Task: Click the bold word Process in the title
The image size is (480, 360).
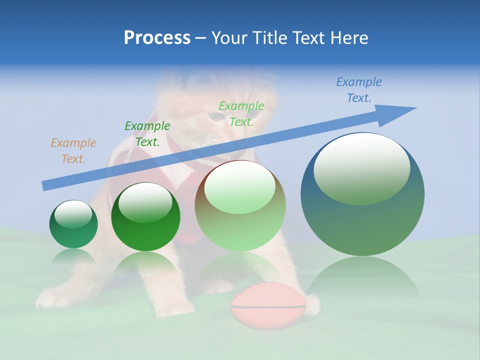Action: tap(157, 38)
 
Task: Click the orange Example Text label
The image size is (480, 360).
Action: tap(73, 151)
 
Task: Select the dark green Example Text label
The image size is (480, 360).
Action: tap(147, 134)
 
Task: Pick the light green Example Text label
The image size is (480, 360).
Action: tap(241, 114)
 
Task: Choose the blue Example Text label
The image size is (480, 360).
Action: tap(359, 90)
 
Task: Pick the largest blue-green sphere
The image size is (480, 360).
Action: tap(362, 220)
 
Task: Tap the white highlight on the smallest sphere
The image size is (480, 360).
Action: tap(73, 213)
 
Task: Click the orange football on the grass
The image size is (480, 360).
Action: tap(268, 305)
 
